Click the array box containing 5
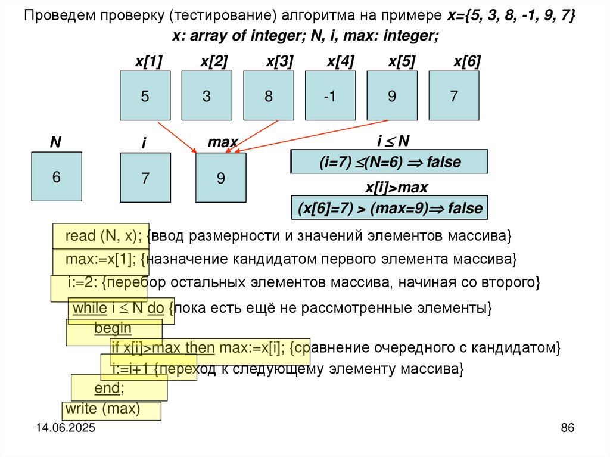click(x=145, y=96)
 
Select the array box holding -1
click(x=330, y=96)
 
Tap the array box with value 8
click(x=269, y=96)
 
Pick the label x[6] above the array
click(x=467, y=62)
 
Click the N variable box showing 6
click(x=57, y=177)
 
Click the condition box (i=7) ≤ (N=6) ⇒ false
click(x=389, y=161)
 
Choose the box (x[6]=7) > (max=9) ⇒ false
click(x=389, y=209)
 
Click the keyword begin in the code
click(x=113, y=328)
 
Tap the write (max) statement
click(x=102, y=409)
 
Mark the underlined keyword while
click(x=89, y=308)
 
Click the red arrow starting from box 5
click(x=178, y=136)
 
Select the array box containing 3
click(x=207, y=96)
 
